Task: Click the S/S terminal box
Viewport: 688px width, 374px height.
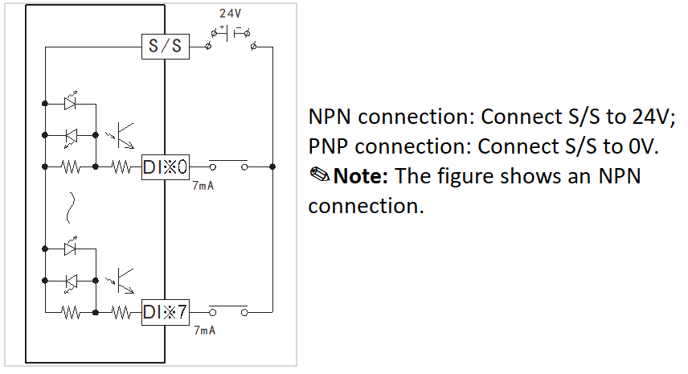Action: (166, 47)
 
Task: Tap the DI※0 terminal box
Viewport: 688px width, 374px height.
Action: (166, 166)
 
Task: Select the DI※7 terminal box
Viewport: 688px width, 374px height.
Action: (166, 312)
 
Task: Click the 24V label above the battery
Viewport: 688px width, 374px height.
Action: (231, 14)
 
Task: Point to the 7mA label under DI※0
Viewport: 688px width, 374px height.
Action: (203, 186)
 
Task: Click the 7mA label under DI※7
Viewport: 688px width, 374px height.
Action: (205, 330)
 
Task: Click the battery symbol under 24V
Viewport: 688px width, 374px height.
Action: (231, 33)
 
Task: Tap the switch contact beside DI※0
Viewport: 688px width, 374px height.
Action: (228, 165)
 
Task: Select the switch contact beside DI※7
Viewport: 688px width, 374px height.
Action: (228, 310)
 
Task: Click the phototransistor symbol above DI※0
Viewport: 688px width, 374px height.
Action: (121, 136)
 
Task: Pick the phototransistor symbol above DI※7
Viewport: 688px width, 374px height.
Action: (121, 281)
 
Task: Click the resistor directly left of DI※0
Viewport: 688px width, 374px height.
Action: (121, 166)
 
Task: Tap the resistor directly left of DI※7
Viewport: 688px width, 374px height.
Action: (121, 313)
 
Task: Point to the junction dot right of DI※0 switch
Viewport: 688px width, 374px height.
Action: (272, 166)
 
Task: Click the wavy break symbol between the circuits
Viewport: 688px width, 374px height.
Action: (70, 208)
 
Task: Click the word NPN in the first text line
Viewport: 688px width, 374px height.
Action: (330, 117)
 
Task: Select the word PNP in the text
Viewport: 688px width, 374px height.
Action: (329, 146)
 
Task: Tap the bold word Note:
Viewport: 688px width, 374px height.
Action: (361, 176)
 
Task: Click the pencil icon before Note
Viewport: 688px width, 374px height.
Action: (320, 175)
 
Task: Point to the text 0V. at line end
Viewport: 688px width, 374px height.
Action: (644, 146)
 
